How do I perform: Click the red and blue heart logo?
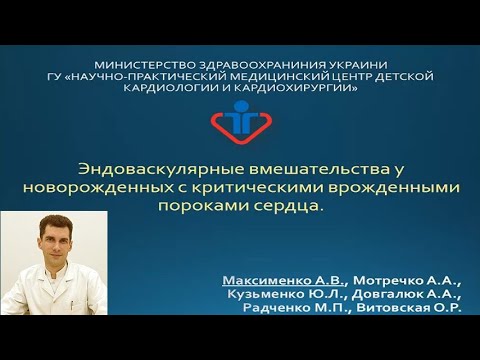(240, 122)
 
